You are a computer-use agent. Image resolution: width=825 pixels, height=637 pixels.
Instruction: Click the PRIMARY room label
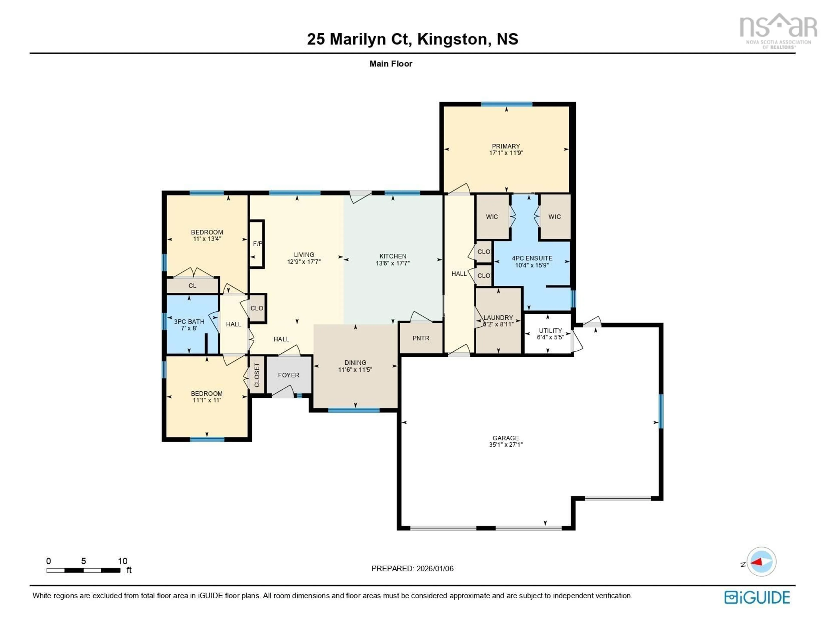click(506, 146)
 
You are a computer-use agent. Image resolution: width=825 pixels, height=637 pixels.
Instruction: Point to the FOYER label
click(289, 375)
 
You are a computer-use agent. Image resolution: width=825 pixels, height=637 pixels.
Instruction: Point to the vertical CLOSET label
click(257, 375)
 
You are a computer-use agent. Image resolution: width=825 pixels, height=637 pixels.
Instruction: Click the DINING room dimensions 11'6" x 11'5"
click(355, 370)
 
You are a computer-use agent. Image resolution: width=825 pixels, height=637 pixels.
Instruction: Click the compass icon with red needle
click(761, 561)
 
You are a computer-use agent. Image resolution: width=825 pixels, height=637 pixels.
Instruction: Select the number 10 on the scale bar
click(122, 561)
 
